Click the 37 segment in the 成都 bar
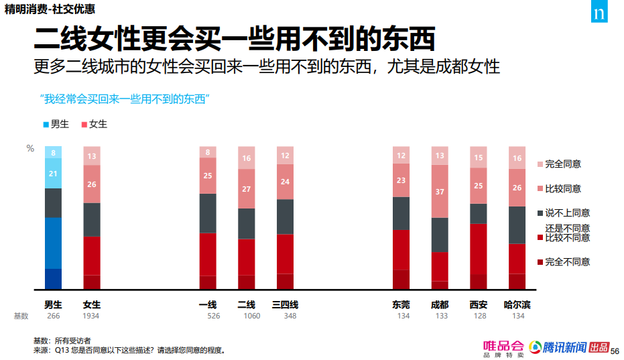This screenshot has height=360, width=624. [x=440, y=192]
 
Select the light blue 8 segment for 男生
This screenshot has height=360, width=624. [x=53, y=152]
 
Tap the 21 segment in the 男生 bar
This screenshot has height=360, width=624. [x=53, y=174]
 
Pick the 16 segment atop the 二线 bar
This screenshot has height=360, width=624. [x=247, y=158]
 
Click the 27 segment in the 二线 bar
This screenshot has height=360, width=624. [x=247, y=189]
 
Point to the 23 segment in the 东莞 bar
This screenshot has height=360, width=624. [x=401, y=180]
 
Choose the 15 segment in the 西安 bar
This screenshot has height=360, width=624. [x=479, y=158]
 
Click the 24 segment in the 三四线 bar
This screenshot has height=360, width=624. [x=286, y=182]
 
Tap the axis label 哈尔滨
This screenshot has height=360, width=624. [x=517, y=304]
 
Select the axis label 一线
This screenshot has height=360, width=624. [x=208, y=304]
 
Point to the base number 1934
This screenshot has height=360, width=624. [x=92, y=316]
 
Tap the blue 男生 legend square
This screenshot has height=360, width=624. [x=46, y=125]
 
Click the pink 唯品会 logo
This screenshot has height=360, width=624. [x=503, y=348]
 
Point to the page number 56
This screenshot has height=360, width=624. [x=615, y=350]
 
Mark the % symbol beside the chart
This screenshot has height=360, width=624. [x=30, y=149]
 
